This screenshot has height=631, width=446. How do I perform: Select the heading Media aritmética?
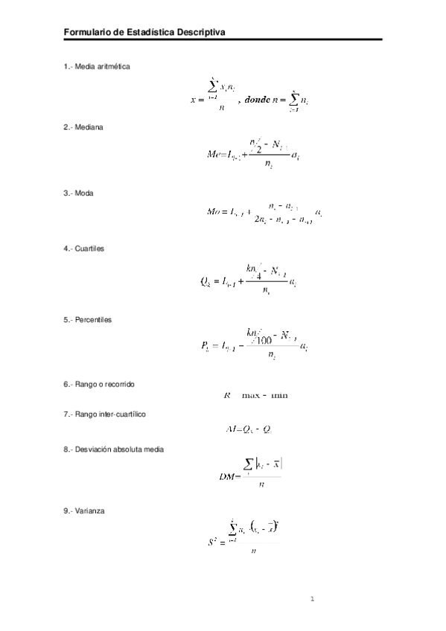tap(102, 67)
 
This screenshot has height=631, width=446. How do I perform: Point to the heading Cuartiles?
tap(89, 248)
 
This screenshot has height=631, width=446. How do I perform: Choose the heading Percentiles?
tap(93, 319)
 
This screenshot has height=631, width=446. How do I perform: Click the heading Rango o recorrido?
tap(105, 384)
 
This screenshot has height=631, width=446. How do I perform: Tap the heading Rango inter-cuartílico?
tap(110, 414)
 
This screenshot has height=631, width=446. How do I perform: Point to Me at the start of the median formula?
tap(214, 155)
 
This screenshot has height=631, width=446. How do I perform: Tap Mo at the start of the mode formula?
tap(214, 211)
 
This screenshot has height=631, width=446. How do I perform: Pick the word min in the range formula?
tap(279, 394)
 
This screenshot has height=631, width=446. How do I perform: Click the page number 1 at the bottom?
tap(313, 598)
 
